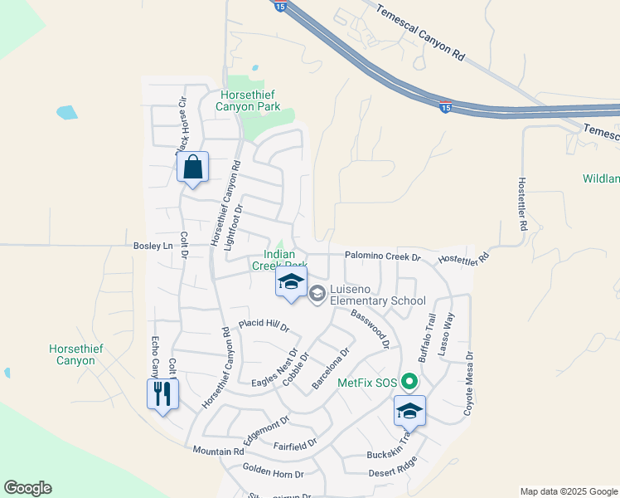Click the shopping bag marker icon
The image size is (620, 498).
coord(192,168)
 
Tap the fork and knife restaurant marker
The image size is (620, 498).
coord(162,393)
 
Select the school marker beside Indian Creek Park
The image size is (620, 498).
coord(291,282)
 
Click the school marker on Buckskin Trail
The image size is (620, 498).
coord(409,411)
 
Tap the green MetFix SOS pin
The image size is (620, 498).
coord(409,383)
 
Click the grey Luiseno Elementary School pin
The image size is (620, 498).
coord(317,294)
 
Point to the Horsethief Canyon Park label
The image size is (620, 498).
coord(248,100)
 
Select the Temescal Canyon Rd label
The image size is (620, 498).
coord(421,32)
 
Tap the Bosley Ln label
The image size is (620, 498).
coord(153,246)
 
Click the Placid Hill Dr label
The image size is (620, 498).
coord(264,325)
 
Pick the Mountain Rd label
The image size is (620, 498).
coord(218,451)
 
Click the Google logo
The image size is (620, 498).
coord(27,488)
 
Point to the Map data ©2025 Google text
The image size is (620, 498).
coord(569,491)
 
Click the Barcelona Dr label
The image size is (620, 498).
coord(330,369)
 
